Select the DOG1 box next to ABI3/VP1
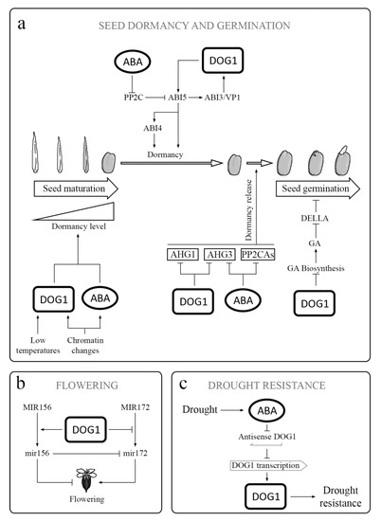click(223, 61)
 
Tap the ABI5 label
click(177, 98)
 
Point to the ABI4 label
click(153, 128)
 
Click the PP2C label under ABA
click(134, 98)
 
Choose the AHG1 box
click(183, 255)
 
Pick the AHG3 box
click(220, 255)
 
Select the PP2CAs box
click(258, 255)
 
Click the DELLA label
click(315, 218)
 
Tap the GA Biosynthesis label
click(316, 268)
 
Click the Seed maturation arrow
click(76, 189)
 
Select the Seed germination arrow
click(317, 189)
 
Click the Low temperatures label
click(38, 345)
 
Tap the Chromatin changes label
click(85, 345)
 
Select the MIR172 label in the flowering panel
click(135, 407)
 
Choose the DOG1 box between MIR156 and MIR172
click(86, 430)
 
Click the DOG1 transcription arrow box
click(268, 465)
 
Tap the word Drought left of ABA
click(199, 409)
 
